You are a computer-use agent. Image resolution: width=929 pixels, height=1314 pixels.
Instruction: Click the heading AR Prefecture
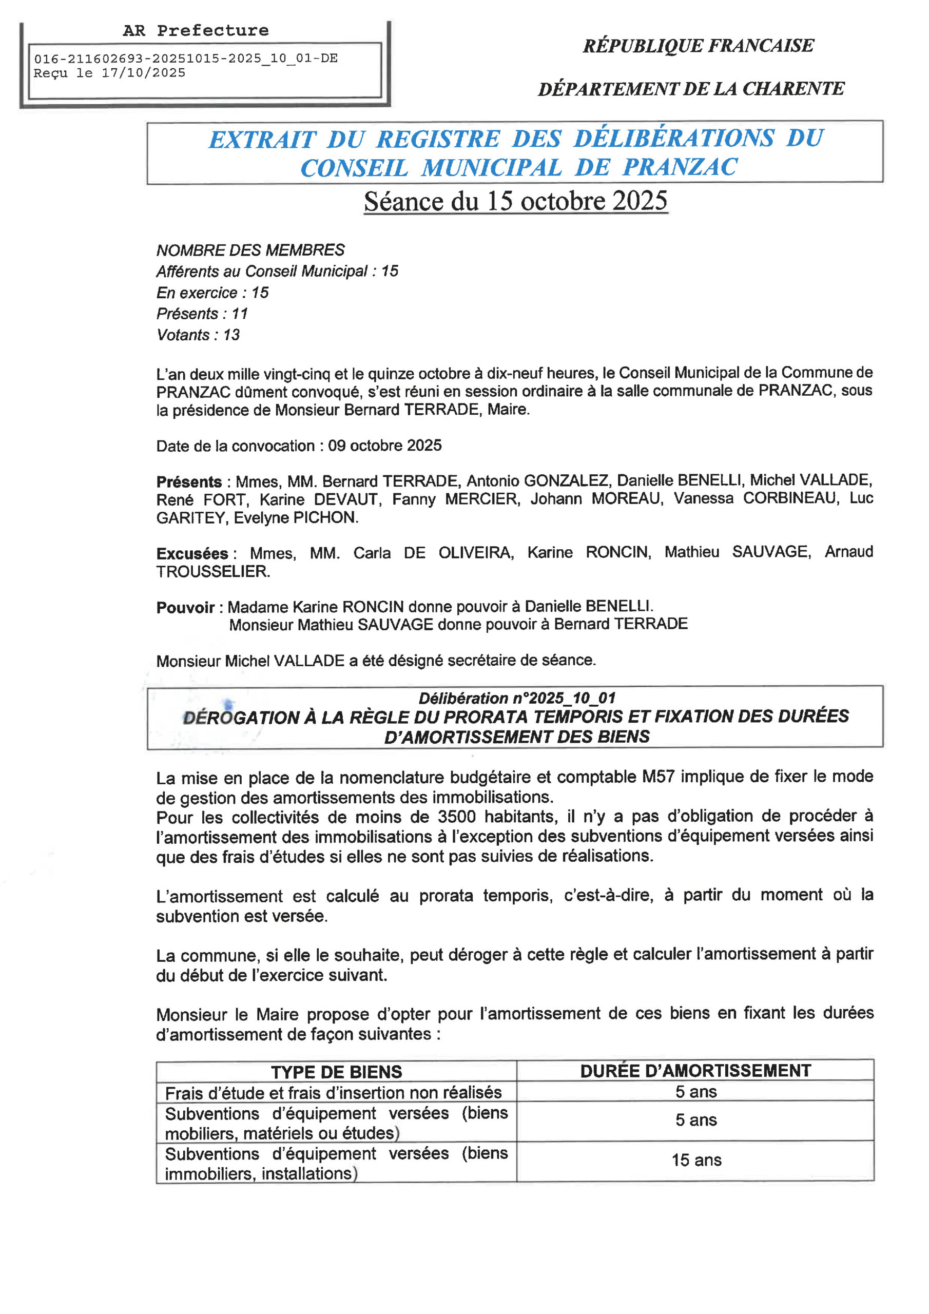pos(195,31)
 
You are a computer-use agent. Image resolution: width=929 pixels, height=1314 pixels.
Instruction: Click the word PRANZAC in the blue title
pos(680,167)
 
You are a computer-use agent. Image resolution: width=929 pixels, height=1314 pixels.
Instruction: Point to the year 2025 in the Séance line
pos(640,201)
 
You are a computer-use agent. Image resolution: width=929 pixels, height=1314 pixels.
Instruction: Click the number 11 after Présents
pos(239,314)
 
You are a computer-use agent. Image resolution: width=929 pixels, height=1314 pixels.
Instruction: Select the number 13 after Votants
pos(231,335)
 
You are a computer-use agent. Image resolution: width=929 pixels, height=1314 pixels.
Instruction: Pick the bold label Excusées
pos(192,553)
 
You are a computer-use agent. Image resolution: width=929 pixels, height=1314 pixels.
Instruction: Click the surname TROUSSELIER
pos(212,571)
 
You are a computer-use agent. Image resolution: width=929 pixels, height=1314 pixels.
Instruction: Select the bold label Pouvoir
pos(185,607)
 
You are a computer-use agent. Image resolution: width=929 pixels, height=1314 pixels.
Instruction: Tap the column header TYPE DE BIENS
pos(336,1072)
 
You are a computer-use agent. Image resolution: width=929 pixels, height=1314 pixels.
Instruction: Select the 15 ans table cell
pos(696,1160)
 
